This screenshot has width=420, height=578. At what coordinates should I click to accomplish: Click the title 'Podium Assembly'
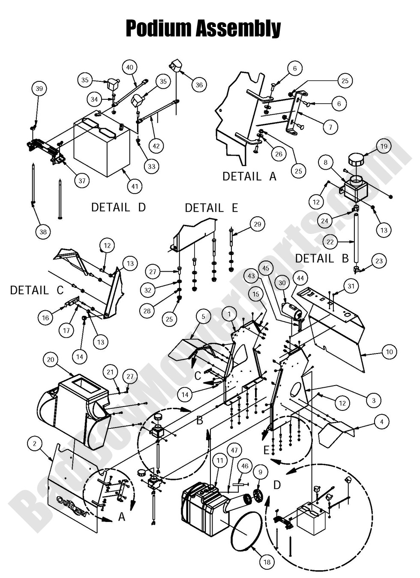203,29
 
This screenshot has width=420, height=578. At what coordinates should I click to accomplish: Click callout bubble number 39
39,89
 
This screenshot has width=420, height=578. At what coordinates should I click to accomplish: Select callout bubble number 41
135,186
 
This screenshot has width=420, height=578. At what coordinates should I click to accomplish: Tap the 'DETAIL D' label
118,207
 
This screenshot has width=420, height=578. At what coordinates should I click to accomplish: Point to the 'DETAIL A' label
249,176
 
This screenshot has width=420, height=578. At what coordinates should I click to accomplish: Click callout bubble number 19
384,146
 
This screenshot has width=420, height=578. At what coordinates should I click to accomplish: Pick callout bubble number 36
199,85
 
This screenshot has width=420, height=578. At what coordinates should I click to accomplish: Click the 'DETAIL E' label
211,208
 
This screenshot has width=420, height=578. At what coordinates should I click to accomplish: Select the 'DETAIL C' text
36,290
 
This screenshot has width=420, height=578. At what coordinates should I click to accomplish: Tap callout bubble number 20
51,359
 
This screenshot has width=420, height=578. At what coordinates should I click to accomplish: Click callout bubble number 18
267,562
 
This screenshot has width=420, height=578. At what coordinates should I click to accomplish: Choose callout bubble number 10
389,352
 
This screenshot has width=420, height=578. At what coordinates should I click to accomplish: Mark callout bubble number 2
35,443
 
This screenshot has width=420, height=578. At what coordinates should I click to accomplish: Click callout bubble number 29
257,224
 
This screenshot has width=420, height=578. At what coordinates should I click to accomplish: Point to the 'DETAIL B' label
314,258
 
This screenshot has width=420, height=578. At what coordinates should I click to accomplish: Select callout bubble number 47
234,450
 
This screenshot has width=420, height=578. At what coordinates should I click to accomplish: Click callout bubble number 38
43,232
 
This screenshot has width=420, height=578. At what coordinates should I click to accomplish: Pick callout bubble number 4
381,422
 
